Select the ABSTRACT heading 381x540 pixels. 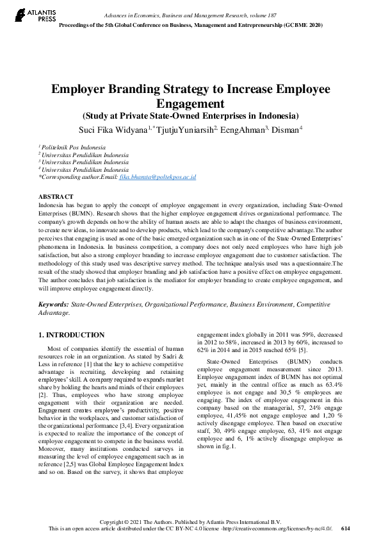56,196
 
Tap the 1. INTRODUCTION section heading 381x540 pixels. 71,335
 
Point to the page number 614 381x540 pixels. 346,528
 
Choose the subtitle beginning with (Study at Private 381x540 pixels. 190,116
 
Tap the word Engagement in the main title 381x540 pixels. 190,103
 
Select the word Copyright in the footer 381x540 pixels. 111,522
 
